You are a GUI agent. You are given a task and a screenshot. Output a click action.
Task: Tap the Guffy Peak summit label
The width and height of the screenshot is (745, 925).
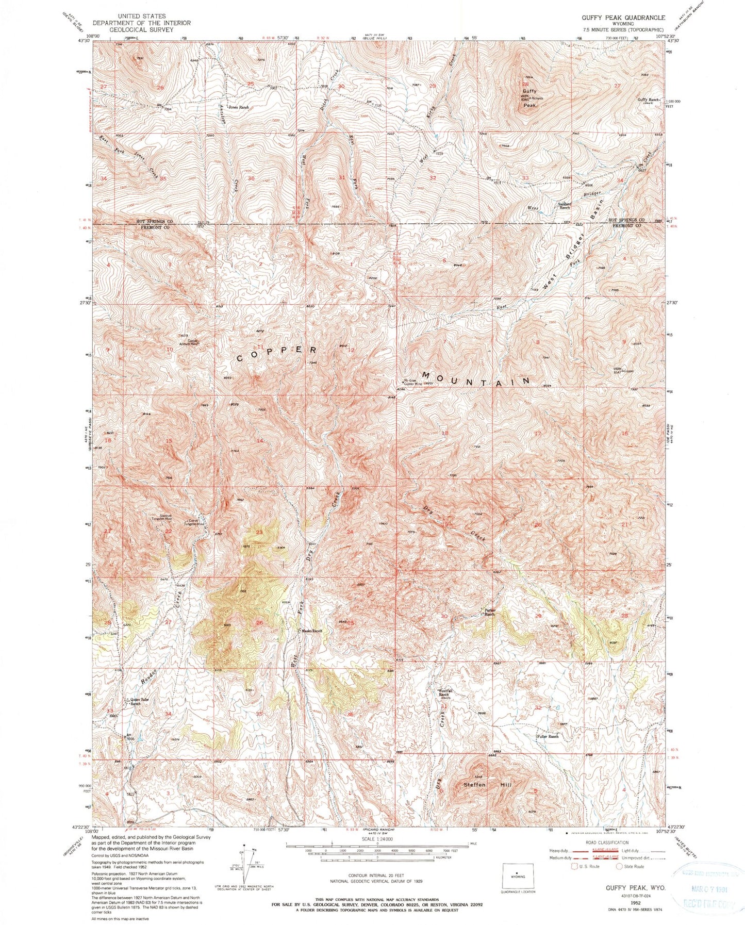pos(529,98)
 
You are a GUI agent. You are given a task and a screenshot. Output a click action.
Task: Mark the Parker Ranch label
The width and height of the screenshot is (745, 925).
pos(489,613)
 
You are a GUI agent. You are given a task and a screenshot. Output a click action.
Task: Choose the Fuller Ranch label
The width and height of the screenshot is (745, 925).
pos(548,736)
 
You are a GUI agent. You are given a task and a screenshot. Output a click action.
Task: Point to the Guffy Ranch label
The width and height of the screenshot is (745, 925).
pos(649,100)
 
